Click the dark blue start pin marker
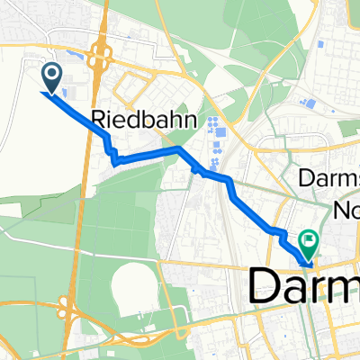tap(52, 78)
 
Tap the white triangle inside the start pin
tap(52, 76)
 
